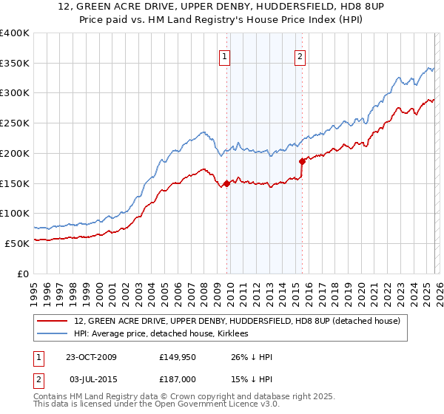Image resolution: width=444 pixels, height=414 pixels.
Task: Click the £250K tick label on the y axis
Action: point(15,123)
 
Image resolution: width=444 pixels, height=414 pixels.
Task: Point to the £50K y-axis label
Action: point(17,242)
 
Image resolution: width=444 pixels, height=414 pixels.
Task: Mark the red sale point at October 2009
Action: point(226,183)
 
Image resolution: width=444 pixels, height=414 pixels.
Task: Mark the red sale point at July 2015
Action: point(301,161)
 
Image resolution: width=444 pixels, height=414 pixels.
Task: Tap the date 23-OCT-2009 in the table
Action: point(91,357)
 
